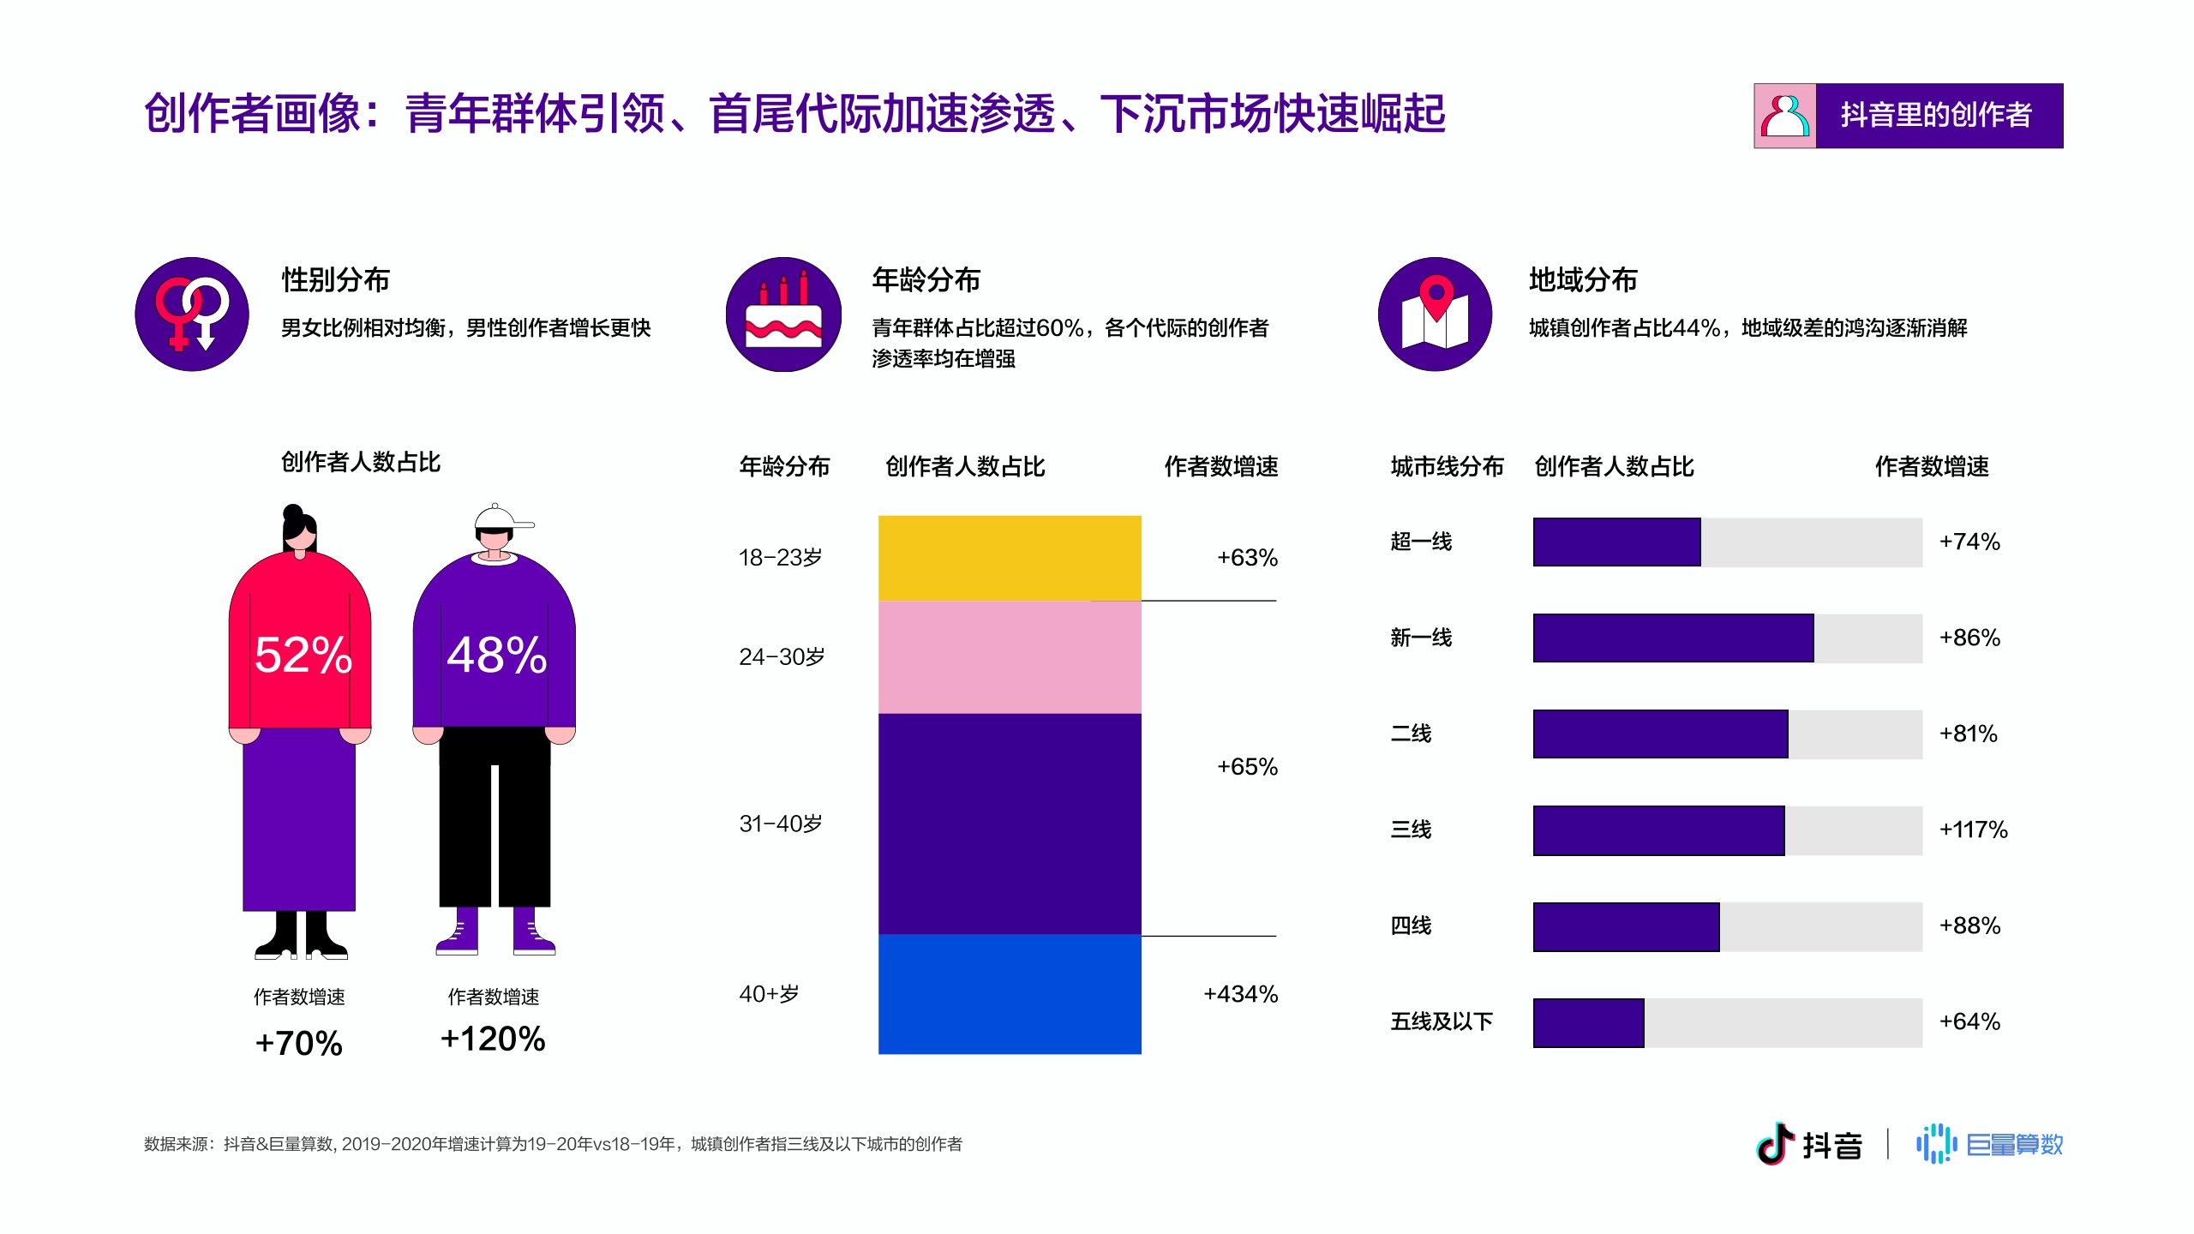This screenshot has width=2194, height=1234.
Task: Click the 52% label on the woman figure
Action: tap(303, 655)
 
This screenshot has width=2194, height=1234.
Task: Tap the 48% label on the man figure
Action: tap(496, 655)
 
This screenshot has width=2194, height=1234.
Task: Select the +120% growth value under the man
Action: tap(493, 1039)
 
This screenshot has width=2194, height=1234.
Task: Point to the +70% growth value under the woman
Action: tap(299, 1043)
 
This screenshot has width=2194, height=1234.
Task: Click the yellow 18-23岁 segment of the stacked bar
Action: tap(1010, 558)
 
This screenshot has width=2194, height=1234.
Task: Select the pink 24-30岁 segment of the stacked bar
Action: tap(1010, 657)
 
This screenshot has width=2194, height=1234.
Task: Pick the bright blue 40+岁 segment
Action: tap(1010, 994)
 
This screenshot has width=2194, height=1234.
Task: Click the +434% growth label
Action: tap(1240, 994)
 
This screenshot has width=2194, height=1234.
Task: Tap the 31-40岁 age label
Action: tap(781, 824)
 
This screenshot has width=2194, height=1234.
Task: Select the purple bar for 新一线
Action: tap(1673, 638)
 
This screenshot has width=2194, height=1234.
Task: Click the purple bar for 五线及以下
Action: tap(1588, 1022)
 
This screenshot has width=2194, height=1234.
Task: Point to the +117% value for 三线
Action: tap(1973, 830)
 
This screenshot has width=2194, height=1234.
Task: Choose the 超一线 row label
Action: tap(1421, 542)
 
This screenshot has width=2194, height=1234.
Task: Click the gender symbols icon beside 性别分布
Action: tap(192, 314)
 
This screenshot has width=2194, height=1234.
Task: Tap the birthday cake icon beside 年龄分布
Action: tap(783, 314)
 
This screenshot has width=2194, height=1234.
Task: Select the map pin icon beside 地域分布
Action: tap(1436, 314)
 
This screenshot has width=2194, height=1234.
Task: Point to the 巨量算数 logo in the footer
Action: tap(1990, 1144)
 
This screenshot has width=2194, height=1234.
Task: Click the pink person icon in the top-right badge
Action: tap(1784, 116)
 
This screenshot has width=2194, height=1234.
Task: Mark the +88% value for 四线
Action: tap(1969, 925)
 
